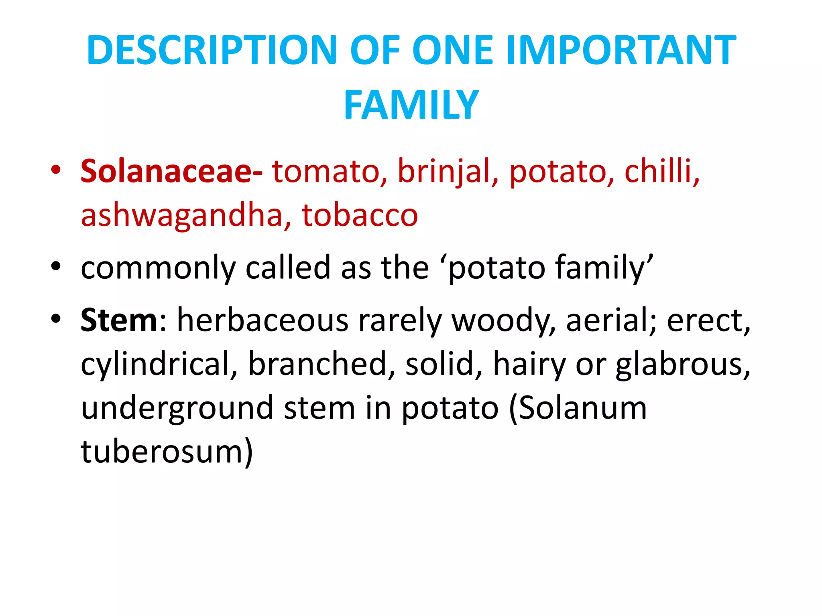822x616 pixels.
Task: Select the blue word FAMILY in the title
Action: pyautogui.click(x=411, y=105)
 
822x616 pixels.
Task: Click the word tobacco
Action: pyautogui.click(x=360, y=215)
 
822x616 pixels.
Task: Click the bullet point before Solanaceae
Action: pyautogui.click(x=56, y=169)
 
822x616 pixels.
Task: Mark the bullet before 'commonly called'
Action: pyautogui.click(x=56, y=266)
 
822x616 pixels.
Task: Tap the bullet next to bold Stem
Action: pyautogui.click(x=56, y=318)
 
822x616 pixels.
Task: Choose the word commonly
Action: pyautogui.click(x=158, y=268)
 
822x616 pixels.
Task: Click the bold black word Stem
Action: pyautogui.click(x=119, y=320)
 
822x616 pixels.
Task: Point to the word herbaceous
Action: pyautogui.click(x=263, y=320)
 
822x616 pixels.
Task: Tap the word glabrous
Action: pyautogui.click(x=682, y=364)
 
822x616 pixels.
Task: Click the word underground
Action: pyautogui.click(x=177, y=408)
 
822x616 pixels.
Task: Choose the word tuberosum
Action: pyautogui.click(x=167, y=452)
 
